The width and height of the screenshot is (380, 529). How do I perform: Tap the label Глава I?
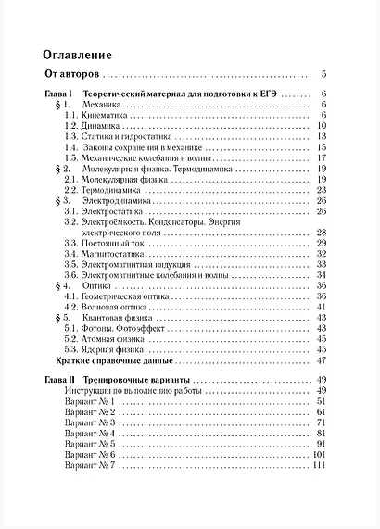pyautogui.click(x=58, y=94)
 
